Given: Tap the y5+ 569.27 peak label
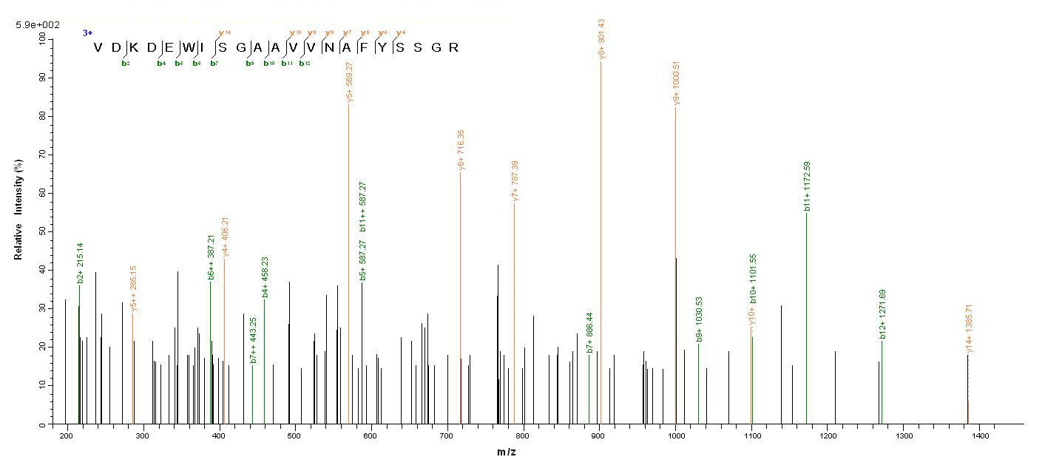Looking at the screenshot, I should click(349, 81).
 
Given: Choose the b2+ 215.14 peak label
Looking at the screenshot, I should click(80, 262).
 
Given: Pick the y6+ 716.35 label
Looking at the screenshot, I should click(461, 150).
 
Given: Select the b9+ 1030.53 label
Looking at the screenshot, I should click(699, 319).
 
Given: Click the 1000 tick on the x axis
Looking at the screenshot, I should click(675, 436).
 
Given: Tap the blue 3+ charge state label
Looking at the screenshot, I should click(87, 33).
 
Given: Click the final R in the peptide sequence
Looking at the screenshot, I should click(454, 48).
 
